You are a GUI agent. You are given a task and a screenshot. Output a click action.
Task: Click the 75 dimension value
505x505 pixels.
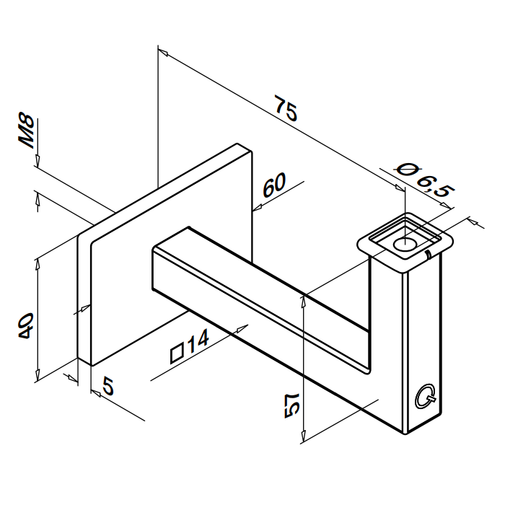tap(286, 108)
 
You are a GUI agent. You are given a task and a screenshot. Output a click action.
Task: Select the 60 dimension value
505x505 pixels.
tap(274, 185)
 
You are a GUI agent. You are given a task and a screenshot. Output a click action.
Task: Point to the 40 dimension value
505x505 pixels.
tap(26, 325)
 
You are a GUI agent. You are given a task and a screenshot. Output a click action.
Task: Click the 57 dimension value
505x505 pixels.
tap(292, 405)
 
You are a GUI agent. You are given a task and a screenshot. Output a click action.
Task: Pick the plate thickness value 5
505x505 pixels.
tap(108, 387)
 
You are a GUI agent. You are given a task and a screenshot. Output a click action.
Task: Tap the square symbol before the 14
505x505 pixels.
tap(177, 353)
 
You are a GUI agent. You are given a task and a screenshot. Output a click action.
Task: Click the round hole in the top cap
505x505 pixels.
tap(405, 245)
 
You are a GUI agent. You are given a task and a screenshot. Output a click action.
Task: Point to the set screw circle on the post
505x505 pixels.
tap(424, 397)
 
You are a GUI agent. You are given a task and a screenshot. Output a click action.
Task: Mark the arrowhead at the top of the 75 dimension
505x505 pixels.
tap(163, 53)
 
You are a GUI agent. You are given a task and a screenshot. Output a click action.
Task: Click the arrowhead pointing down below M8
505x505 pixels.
tap(38, 162)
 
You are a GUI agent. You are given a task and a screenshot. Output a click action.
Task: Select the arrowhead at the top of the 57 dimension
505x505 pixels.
tap(303, 302)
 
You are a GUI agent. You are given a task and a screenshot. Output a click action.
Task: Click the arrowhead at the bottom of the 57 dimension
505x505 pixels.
tap(303, 436)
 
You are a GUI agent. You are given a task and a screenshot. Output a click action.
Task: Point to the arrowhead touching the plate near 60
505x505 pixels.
tap(257, 208)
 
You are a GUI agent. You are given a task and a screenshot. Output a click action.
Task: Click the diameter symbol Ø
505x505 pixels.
tap(406, 170)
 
